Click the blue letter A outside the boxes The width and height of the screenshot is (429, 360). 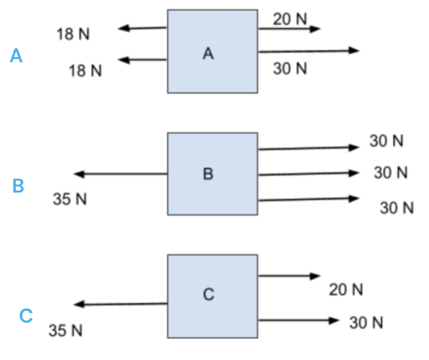tap(16, 55)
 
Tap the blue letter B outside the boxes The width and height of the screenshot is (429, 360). tap(18, 186)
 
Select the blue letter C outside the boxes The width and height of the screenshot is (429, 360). tap(26, 316)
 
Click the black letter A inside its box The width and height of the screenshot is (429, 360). tap(208, 53)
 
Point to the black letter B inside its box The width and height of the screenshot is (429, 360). tap(208, 174)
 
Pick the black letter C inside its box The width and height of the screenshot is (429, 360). tap(209, 294)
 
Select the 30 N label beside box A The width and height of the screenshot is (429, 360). tap(290, 69)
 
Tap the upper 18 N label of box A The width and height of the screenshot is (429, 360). tap(73, 34)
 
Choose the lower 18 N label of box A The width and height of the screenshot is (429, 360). tap(85, 71)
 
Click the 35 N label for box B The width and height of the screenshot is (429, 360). tap(70, 199)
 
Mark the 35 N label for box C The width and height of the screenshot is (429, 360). tap(66, 330)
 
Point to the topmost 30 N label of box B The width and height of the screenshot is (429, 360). tap(386, 141)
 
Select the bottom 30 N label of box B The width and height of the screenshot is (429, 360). tap(397, 208)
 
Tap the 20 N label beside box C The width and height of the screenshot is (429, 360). tap(346, 290)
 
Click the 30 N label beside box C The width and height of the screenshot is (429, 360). tap(366, 323)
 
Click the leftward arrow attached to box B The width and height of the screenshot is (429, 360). tap(121, 174)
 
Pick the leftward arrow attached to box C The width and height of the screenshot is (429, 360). tap(121, 304)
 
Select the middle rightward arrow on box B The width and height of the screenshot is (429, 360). tap(308, 174)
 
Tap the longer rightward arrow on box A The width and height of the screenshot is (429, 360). tap(308, 51)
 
